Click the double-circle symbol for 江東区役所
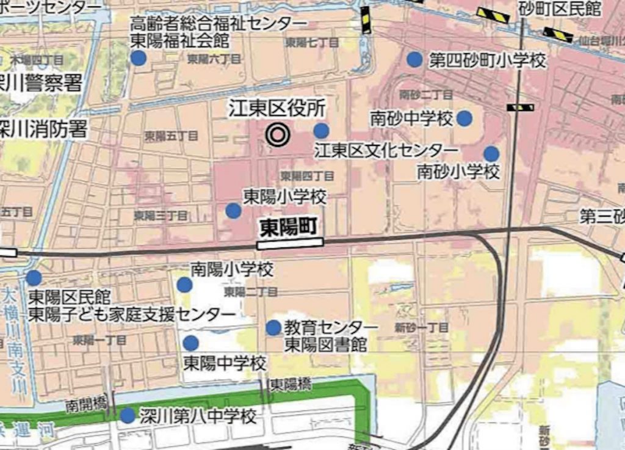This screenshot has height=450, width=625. tap(278, 135)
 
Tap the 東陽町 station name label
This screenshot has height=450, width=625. tap(288, 228)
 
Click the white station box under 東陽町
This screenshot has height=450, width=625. tap(290, 242)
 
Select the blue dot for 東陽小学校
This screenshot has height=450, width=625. tap(233, 211)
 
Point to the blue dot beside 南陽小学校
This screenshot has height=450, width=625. tap(184, 285)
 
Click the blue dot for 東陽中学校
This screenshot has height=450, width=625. tap(191, 343)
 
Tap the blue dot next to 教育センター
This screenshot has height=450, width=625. tap(273, 328)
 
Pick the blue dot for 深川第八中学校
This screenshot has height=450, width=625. tap(128, 416)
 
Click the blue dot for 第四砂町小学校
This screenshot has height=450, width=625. tap(414, 60)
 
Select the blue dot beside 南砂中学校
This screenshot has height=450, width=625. tap(464, 118)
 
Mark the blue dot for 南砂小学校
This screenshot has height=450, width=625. tap(491, 154)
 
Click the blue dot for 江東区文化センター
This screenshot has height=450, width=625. tap(321, 131)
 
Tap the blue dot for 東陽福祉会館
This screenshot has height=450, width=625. tap(138, 58)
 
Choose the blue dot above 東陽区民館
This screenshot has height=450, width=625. tap(34, 278)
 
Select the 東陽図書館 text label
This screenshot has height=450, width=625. tap(326, 344)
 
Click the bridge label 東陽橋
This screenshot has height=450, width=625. tap(291, 384)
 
